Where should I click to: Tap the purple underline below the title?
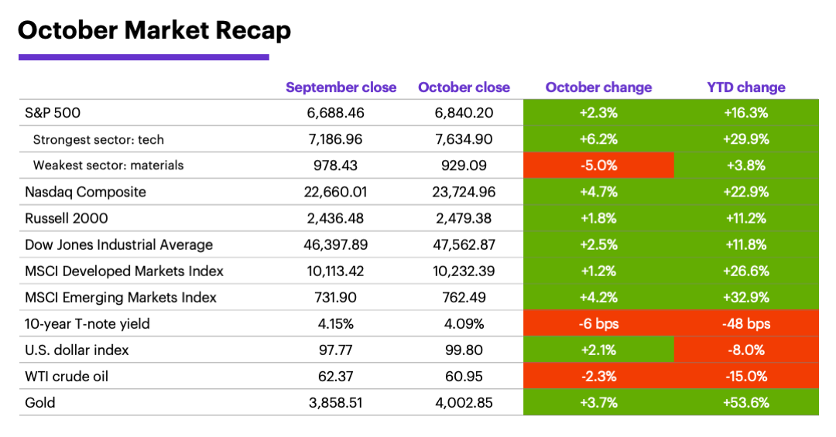point(143,56)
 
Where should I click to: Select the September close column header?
point(341,87)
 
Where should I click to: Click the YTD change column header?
point(746,87)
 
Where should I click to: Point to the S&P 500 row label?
point(53,113)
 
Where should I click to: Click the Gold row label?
point(40,402)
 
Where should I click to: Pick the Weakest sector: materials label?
point(108,166)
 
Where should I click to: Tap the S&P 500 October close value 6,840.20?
point(464,113)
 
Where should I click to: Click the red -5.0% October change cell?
point(598,166)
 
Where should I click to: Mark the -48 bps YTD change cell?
point(746,323)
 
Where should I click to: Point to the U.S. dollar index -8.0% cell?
point(746,350)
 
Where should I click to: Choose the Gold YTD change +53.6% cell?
point(746,402)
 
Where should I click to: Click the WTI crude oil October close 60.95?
point(464,376)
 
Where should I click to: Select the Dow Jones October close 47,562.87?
point(464,244)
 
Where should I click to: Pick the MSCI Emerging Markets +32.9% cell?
point(746,297)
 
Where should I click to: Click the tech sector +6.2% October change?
point(598,139)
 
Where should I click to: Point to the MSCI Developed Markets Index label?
point(125,271)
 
